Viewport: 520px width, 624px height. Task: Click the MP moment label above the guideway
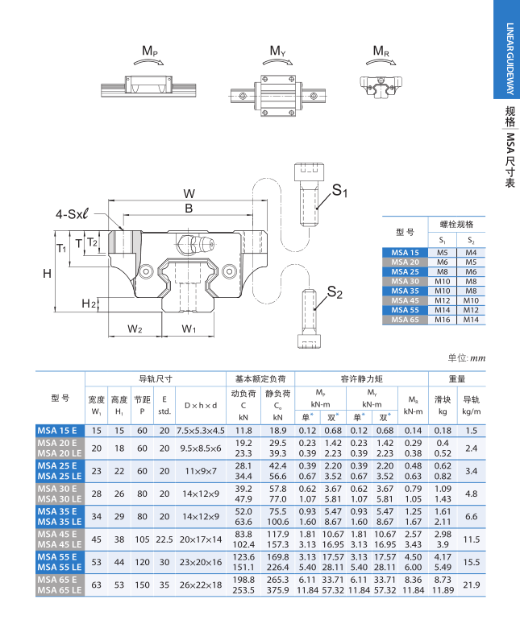150,52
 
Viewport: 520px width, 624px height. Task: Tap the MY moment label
277,52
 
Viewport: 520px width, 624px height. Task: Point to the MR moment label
381,52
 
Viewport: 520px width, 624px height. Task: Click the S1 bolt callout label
339,191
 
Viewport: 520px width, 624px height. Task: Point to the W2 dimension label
135,329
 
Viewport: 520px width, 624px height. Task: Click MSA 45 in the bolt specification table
405,300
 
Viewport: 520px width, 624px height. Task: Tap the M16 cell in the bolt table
442,319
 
